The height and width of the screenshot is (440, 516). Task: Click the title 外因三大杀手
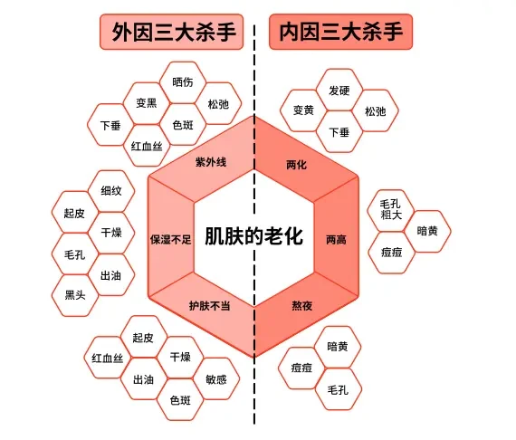[174, 32]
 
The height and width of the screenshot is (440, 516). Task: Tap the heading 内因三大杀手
[341, 32]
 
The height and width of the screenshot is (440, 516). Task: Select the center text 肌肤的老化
[253, 236]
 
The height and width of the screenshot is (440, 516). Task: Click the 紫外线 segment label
[211, 162]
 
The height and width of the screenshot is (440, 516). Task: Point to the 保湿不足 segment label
[171, 239]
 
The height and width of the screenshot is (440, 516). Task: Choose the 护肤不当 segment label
[210, 306]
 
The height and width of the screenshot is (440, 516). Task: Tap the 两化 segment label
[297, 165]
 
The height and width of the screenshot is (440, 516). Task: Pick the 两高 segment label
[336, 240]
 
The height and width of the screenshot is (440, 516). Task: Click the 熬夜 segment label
[302, 306]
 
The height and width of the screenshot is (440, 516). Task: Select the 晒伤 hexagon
[183, 82]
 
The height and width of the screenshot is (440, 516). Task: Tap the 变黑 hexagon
[147, 103]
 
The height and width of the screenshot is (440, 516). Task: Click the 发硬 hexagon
[339, 91]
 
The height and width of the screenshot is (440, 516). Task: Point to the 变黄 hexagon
[303, 110]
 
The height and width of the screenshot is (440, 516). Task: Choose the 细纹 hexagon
[111, 191]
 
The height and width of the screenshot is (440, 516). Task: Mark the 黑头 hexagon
[75, 295]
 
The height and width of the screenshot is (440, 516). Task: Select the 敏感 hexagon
[216, 379]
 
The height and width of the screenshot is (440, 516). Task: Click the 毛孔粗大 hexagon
[390, 210]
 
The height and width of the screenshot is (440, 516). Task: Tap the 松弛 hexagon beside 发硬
[375, 110]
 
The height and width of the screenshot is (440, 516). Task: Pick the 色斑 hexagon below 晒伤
[183, 125]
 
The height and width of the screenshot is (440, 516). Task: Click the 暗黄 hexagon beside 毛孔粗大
[427, 231]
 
